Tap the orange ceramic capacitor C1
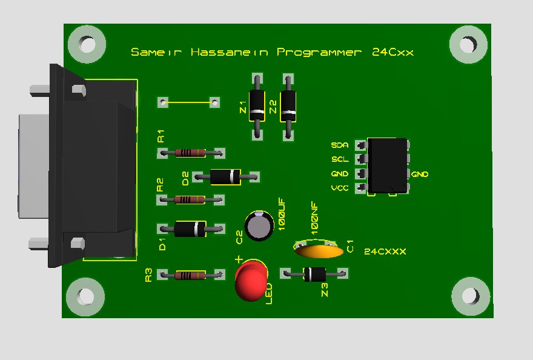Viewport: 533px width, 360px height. click(319, 250)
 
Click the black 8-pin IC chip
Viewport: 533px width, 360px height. click(388, 165)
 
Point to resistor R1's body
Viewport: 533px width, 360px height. click(190, 153)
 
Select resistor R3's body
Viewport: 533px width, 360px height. click(190, 275)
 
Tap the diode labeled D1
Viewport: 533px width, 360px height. click(190, 228)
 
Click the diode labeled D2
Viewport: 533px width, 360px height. click(225, 176)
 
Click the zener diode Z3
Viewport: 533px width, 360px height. click(314, 274)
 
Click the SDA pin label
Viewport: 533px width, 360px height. click(339, 145)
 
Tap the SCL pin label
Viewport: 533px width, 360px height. click(339, 159)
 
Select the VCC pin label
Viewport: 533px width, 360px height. click(339, 188)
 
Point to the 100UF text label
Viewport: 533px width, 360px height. click(282, 215)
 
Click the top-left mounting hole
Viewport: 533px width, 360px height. click(87, 44)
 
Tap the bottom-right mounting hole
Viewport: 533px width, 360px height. click(470, 296)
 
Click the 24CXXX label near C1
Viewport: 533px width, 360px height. click(385, 251)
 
